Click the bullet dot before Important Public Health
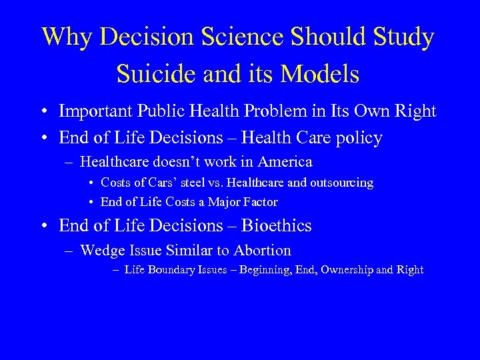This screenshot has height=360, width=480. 43,111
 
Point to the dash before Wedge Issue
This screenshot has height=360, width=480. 69,251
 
